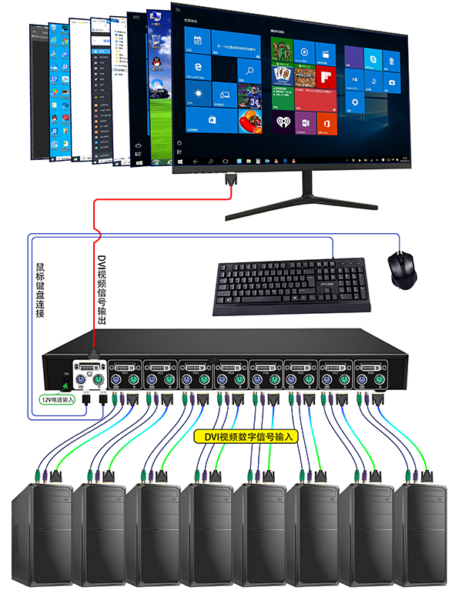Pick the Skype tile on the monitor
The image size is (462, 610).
(x=372, y=58)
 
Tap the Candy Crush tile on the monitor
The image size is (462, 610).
(x=250, y=120)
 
